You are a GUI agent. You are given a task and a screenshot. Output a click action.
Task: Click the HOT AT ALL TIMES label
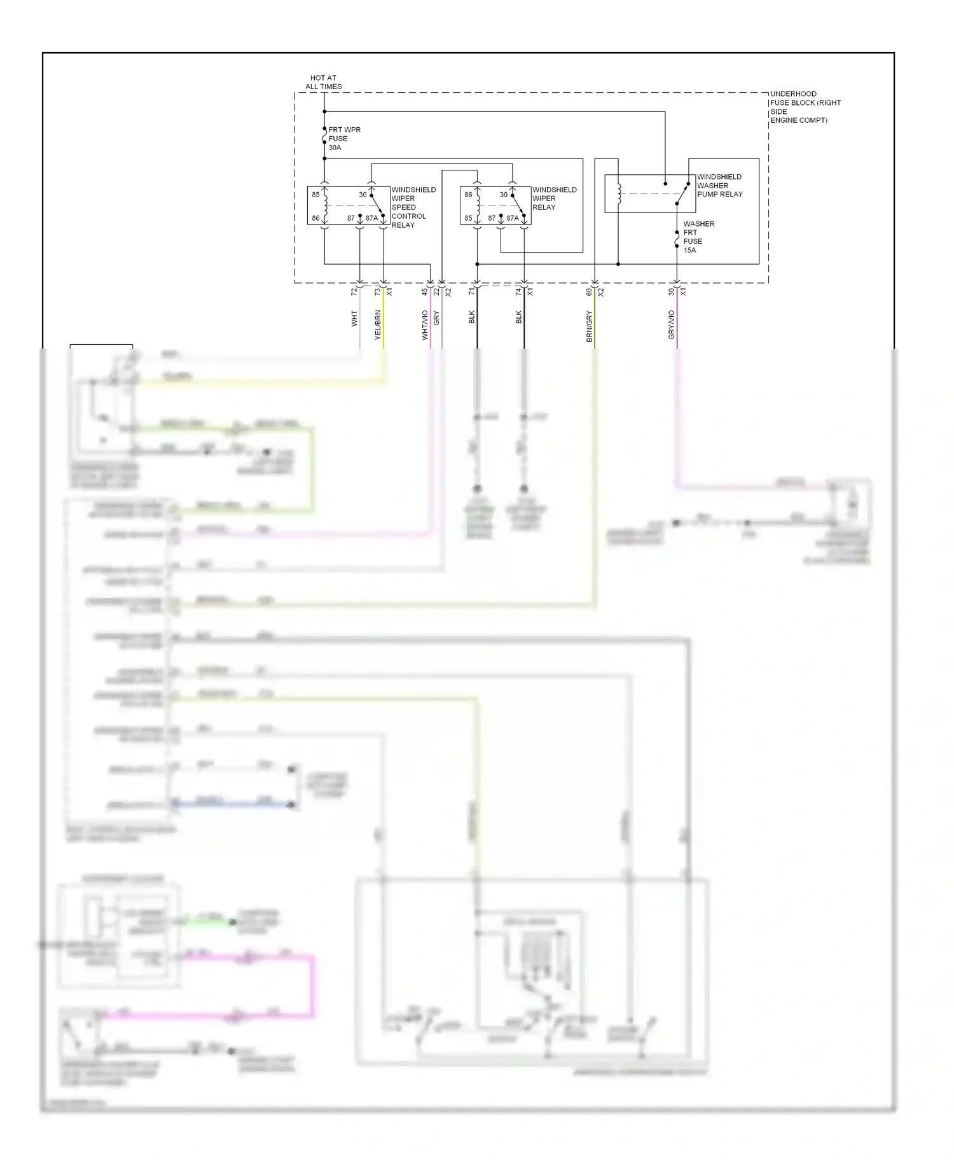coord(324,82)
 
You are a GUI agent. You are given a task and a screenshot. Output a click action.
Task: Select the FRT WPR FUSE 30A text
coord(344,139)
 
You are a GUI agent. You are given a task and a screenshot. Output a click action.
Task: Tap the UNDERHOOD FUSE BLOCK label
coord(805,107)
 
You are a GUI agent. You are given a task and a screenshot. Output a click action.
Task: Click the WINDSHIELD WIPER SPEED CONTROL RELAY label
coord(413,207)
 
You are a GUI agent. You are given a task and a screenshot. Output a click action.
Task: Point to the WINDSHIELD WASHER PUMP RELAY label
coord(719,186)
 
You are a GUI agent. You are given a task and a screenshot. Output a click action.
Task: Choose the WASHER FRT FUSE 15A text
coord(698,237)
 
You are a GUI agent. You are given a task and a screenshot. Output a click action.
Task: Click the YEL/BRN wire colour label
coord(378,324)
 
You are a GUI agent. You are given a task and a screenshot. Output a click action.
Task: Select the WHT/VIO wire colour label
coord(425,324)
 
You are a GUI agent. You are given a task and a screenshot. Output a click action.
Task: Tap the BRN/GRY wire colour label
coord(590,327)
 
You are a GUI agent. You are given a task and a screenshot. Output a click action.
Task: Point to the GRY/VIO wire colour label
coord(671,324)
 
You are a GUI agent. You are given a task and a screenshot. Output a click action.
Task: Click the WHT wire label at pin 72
coord(354,319)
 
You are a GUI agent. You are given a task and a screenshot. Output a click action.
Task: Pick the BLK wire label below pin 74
coord(518,317)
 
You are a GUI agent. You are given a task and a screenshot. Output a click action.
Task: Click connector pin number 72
coord(354,291)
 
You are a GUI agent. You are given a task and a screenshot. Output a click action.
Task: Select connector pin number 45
coord(425,291)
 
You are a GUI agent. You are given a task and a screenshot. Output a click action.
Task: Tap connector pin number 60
coord(589,291)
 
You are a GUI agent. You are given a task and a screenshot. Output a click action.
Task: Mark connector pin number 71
coord(471,291)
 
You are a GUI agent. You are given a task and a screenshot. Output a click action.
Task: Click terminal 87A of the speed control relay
coord(371,218)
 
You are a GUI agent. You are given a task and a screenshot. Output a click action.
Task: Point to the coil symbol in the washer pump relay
coord(619,193)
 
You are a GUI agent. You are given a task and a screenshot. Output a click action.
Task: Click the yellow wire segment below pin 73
coord(384,318)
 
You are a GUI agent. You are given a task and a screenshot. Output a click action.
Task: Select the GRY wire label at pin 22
coord(436,319)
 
